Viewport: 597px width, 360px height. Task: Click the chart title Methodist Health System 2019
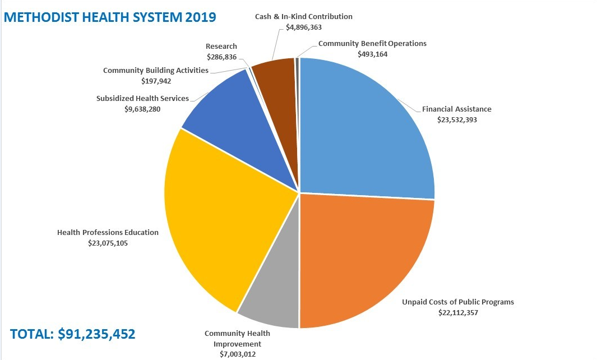tap(109, 16)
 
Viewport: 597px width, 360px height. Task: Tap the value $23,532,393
tap(457, 119)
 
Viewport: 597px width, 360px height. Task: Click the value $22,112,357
tap(458, 312)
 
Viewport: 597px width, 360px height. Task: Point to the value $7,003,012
tap(233, 354)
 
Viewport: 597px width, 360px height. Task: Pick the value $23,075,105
tap(108, 243)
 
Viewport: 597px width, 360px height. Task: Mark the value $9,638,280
tap(142, 109)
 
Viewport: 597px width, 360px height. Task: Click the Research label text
tap(221, 46)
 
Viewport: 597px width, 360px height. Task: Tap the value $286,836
tap(221, 57)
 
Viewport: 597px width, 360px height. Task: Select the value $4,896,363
tap(304, 27)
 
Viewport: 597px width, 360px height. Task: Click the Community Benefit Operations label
tap(372, 43)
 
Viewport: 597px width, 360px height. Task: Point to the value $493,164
tap(372, 54)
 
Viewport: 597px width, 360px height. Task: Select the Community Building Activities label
tap(156, 71)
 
